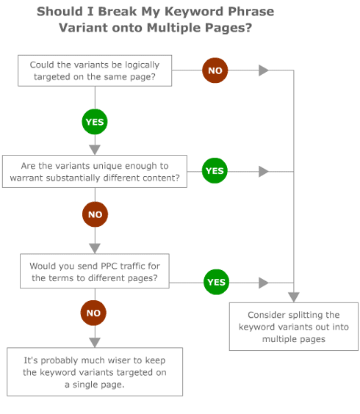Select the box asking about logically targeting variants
[94, 70]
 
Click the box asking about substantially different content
[94, 172]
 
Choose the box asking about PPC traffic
[94, 272]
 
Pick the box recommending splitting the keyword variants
[293, 326]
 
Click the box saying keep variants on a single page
[94, 371]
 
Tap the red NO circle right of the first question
[215, 70]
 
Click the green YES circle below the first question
[95, 122]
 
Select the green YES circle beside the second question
[215, 171]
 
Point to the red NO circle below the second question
[95, 214]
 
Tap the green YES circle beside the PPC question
[216, 282]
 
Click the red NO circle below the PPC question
[93, 313]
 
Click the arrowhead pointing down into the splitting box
[293, 297]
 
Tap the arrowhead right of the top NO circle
[264, 70]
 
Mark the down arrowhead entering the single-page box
[94, 342]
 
